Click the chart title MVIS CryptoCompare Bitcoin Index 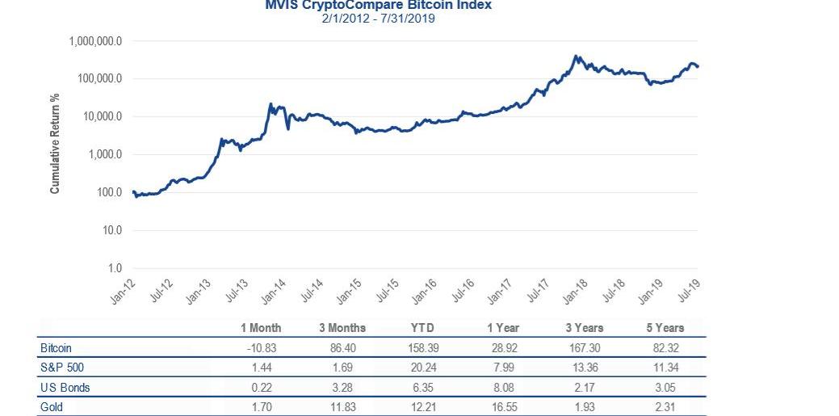click(378, 5)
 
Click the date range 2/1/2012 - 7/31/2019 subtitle click(378, 18)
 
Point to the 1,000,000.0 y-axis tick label click(94, 41)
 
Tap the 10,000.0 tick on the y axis click(101, 117)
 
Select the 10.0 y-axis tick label click(112, 231)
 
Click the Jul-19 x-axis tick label click(688, 289)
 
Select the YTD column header click(422, 328)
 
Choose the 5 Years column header click(665, 328)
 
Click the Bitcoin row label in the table click(56, 348)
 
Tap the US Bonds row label click(65, 388)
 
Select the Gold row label click(51, 407)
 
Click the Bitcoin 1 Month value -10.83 click(261, 348)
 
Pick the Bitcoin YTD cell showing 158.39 click(422, 348)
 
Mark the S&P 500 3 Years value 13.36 click(584, 368)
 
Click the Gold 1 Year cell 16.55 click(503, 407)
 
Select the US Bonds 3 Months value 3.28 click(342, 388)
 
